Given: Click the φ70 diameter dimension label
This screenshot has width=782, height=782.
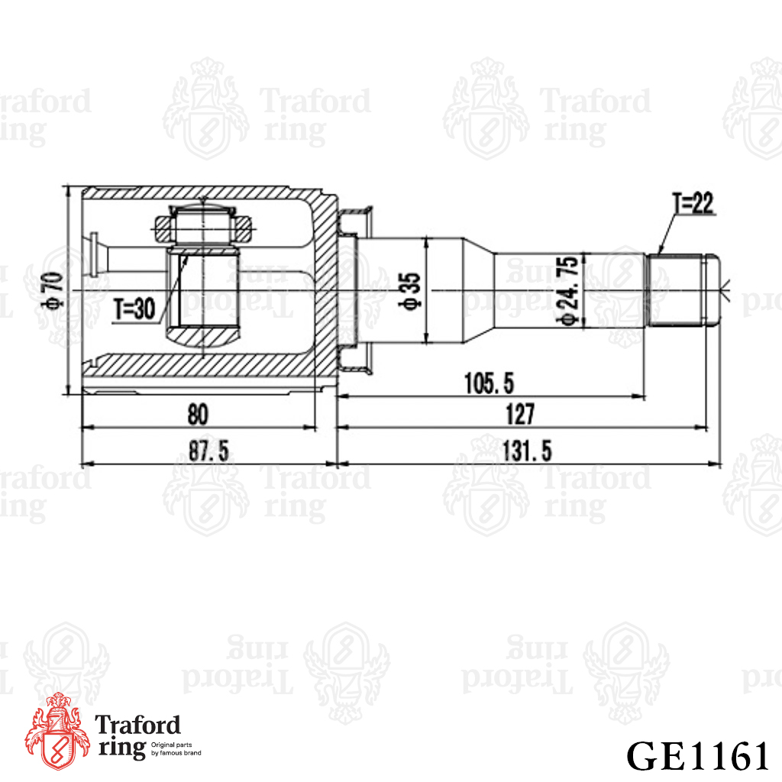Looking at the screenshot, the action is (x=55, y=290).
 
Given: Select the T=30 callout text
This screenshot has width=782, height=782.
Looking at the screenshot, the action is (x=134, y=309).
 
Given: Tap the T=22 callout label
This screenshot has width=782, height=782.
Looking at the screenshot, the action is (x=693, y=203).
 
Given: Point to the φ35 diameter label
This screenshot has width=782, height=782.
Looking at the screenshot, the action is (x=412, y=292).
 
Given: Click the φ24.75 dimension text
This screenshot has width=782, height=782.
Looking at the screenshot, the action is (x=569, y=292).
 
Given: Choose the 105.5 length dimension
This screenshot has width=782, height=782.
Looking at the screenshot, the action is (x=489, y=383).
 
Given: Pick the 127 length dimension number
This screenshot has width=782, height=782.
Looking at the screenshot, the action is (x=519, y=414).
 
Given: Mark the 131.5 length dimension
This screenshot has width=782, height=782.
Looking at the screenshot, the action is (x=527, y=451).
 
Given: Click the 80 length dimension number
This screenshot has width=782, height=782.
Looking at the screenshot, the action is (x=198, y=415).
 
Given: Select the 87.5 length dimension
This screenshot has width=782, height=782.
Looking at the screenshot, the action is (x=208, y=451).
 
